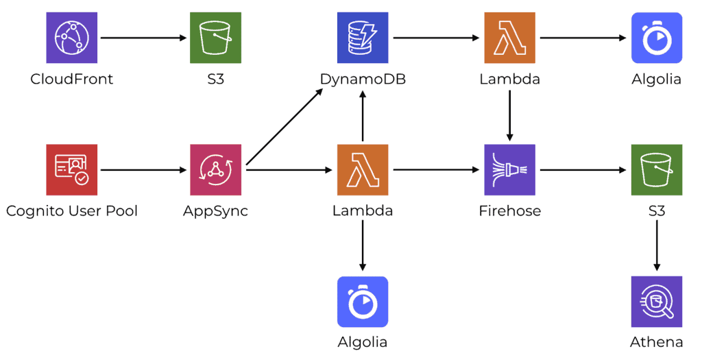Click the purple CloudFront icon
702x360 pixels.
point(71,38)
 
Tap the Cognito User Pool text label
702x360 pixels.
point(71,211)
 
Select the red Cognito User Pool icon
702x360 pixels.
point(71,169)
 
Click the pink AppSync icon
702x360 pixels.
point(215,169)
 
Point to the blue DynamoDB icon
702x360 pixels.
point(363,38)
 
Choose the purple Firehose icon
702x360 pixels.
point(509,169)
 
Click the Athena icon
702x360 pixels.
point(657,301)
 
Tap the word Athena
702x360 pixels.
point(657,341)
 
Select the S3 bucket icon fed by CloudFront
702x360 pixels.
point(215,38)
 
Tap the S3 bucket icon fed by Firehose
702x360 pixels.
point(657,169)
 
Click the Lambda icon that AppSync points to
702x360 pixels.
point(363,169)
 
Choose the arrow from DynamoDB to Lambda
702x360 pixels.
point(436,38)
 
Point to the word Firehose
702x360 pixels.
point(509,211)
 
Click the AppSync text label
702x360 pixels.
point(215,211)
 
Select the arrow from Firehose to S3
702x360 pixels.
point(583,169)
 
